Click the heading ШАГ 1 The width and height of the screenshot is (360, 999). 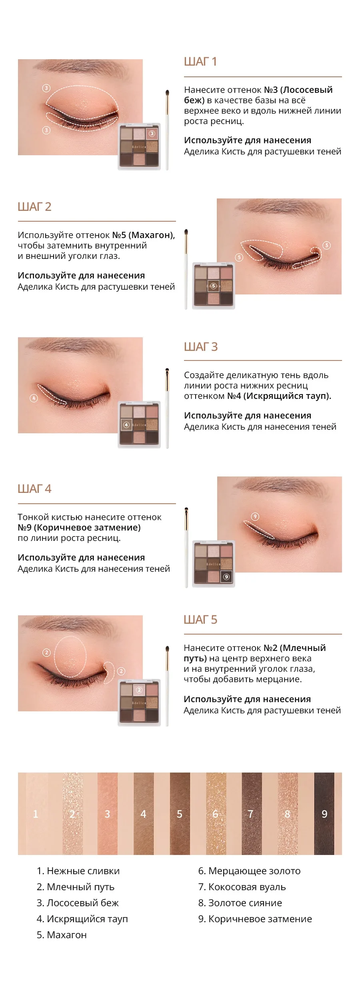(x=200, y=62)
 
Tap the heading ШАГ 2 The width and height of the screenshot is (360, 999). (x=34, y=207)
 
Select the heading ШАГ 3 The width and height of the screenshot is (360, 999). (x=200, y=346)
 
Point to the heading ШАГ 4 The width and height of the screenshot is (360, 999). (x=34, y=488)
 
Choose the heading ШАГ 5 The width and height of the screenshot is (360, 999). (x=200, y=619)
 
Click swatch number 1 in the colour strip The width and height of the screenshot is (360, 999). (x=36, y=814)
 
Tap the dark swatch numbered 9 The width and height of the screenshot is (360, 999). (x=324, y=814)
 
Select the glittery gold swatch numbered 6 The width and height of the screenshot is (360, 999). (x=216, y=814)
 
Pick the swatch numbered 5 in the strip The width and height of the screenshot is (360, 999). (x=180, y=814)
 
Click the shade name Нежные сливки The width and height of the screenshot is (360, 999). (x=78, y=871)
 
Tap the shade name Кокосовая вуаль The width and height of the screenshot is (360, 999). (x=242, y=887)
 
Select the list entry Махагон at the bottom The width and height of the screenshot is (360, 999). (x=62, y=935)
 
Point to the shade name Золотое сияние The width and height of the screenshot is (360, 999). (x=240, y=903)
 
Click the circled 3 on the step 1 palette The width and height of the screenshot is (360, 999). (x=152, y=134)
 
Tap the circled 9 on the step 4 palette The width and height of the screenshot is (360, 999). (x=226, y=577)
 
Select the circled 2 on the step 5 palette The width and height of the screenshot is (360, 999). (x=139, y=690)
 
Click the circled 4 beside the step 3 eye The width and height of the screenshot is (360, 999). (x=34, y=398)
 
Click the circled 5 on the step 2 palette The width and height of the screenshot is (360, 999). (x=214, y=286)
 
